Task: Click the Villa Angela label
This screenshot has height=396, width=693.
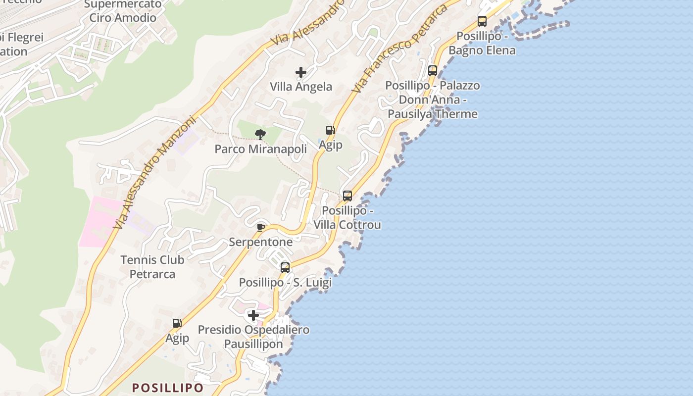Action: click(x=301, y=87)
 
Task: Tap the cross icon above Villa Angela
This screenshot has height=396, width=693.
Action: click(x=301, y=72)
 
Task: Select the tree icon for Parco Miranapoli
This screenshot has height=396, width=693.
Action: click(x=260, y=134)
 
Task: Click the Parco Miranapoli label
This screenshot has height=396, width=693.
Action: click(x=260, y=148)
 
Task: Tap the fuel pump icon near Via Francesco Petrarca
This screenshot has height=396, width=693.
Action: click(x=330, y=130)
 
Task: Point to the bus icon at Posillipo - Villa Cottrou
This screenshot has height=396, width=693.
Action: click(x=347, y=196)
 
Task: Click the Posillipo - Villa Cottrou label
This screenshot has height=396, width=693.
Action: click(x=347, y=218)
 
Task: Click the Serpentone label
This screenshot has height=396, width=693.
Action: click(x=260, y=242)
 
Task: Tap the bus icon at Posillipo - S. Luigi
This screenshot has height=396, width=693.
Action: click(x=285, y=268)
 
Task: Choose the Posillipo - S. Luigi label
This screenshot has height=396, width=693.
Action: click(x=285, y=283)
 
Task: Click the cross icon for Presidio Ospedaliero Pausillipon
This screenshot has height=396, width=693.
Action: click(x=253, y=315)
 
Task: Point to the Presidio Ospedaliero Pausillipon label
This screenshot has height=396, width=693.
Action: click(x=253, y=337)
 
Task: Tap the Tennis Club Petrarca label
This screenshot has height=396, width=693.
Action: click(x=152, y=267)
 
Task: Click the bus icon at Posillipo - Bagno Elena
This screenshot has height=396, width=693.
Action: click(x=482, y=21)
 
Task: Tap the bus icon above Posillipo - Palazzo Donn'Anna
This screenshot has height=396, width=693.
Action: click(x=433, y=70)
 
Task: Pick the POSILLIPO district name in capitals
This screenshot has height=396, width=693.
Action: click(x=168, y=388)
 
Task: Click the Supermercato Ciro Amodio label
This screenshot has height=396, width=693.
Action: click(x=123, y=11)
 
